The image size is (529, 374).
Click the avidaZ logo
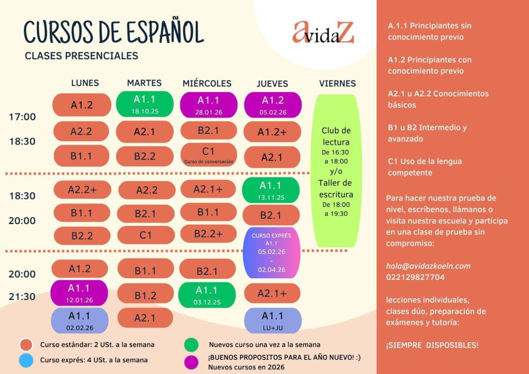(323, 33)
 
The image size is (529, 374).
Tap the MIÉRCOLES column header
(207, 84)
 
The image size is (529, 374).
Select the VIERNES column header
(337, 84)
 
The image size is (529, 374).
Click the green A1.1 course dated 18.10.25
(145, 103)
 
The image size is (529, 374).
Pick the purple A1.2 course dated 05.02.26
(273, 104)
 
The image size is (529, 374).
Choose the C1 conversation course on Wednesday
(208, 155)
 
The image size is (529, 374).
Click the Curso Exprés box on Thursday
(272, 252)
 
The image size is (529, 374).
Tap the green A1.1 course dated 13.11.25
(271, 189)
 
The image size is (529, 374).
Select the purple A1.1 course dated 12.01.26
(79, 292)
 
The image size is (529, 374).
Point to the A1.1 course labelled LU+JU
(273, 320)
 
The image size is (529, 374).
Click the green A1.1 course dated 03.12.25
(207, 294)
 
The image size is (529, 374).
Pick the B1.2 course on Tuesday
(145, 295)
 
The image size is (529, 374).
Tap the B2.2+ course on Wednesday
(208, 234)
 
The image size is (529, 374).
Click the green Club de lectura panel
(336, 171)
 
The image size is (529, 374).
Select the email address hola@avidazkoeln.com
(428, 266)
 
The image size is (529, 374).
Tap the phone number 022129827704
(416, 277)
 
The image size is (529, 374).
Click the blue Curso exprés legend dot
(25, 360)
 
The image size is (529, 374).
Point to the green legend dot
(190, 345)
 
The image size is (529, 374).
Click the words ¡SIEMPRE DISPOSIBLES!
(432, 345)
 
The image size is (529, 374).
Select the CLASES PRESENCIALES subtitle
(82, 56)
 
